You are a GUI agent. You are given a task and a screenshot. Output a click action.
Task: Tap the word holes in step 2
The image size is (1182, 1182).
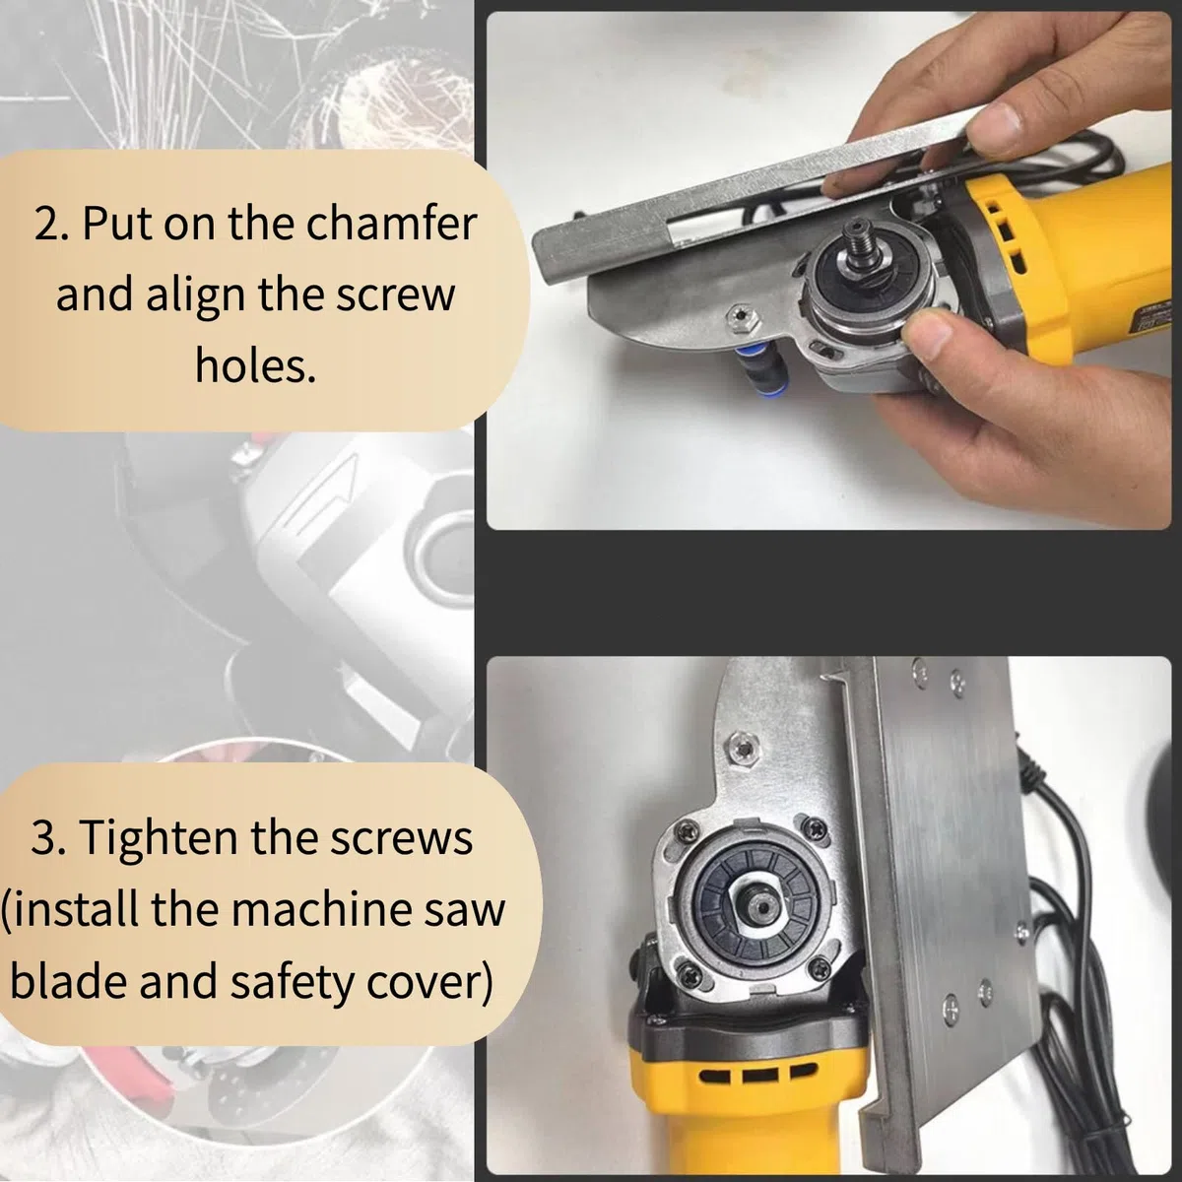[255, 365]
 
